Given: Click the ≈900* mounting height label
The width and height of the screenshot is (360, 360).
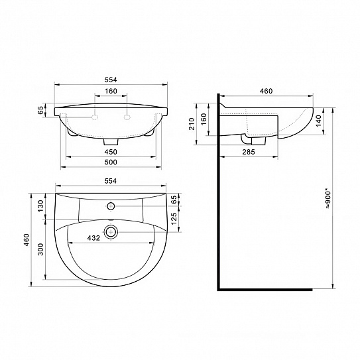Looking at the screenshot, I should click(337, 199).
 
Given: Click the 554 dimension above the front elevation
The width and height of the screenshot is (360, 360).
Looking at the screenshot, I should click(111, 80).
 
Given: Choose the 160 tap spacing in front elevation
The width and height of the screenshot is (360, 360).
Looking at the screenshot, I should click(111, 91).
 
